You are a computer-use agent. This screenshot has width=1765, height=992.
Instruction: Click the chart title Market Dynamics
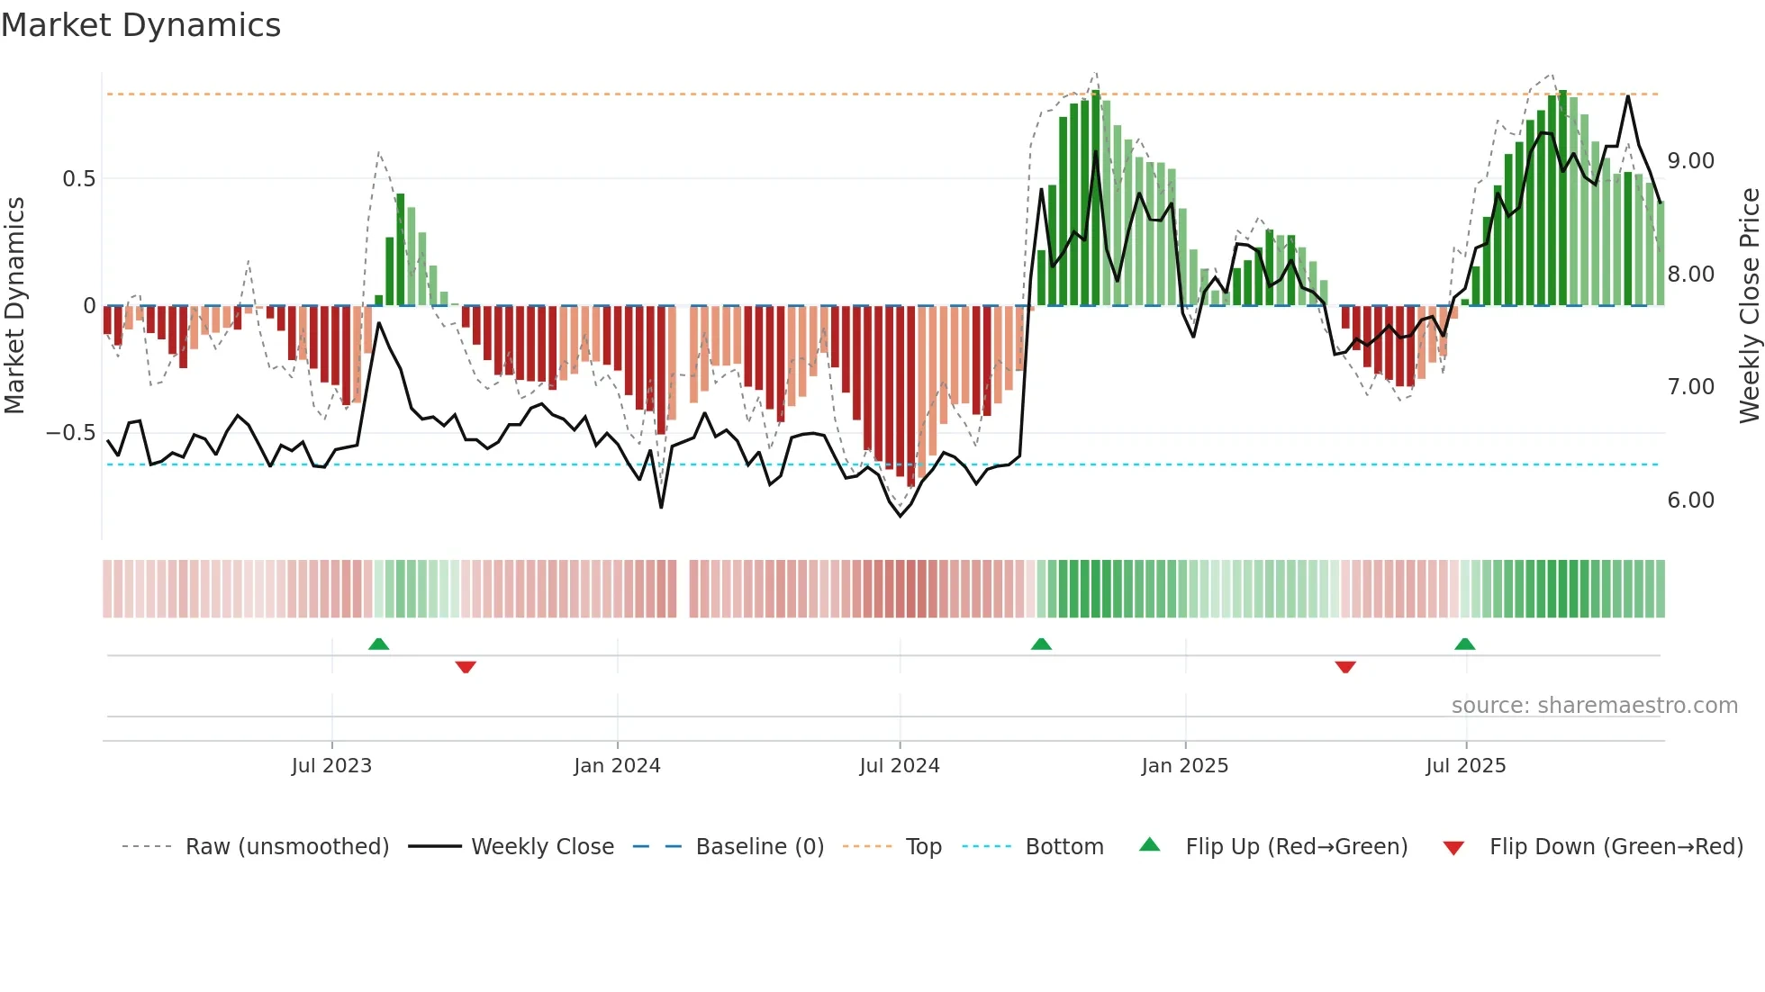pyautogui.click(x=140, y=25)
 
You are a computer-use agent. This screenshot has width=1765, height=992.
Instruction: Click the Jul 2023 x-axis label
pyautogui.click(x=331, y=765)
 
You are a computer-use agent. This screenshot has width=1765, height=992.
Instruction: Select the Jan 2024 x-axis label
pyautogui.click(x=617, y=765)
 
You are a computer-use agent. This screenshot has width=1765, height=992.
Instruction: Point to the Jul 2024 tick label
pyautogui.click(x=899, y=765)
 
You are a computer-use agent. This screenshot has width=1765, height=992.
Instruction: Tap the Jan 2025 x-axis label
pyautogui.click(x=1184, y=765)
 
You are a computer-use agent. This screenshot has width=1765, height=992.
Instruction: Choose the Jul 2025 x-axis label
pyautogui.click(x=1465, y=765)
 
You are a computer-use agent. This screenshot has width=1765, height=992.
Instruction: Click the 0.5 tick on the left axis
pyautogui.click(x=78, y=178)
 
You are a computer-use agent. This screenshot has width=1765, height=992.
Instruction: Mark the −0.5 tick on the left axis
pyautogui.click(x=71, y=433)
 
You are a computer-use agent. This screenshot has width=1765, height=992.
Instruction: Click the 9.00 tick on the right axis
pyautogui.click(x=1690, y=161)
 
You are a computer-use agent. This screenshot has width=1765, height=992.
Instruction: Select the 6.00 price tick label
pyautogui.click(x=1690, y=501)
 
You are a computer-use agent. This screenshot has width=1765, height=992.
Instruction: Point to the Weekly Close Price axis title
pyautogui.click(x=1749, y=305)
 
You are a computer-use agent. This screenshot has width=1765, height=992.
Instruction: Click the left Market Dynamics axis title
pyautogui.click(x=14, y=305)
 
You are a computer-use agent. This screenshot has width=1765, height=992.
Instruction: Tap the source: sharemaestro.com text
pyautogui.click(x=1594, y=705)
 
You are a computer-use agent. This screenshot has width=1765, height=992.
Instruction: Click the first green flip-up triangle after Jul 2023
pyautogui.click(x=378, y=644)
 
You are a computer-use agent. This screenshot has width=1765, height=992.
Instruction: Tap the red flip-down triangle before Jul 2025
pyautogui.click(x=1345, y=667)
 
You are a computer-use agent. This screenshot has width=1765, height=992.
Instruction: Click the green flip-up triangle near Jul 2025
pyautogui.click(x=1464, y=644)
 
